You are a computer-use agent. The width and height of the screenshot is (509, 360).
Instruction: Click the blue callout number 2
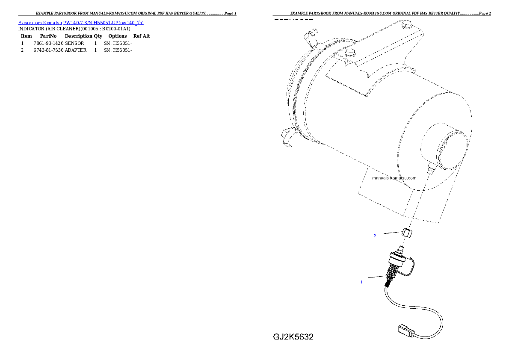coord(375,236)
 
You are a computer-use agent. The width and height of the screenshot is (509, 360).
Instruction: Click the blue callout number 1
coord(361,282)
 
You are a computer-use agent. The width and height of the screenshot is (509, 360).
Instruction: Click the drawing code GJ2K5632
coord(293,337)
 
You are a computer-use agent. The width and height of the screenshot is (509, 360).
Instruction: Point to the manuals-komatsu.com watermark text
coord(394,178)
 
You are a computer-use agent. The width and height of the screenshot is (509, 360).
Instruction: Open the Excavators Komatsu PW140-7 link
coord(81,22)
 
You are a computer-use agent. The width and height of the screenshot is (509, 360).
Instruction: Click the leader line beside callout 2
coord(391,233)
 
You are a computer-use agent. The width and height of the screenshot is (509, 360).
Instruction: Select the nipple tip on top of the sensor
coord(401,248)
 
